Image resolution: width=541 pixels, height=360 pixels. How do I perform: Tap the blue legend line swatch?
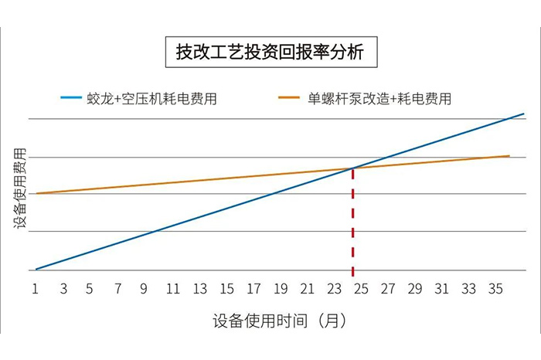click(70, 98)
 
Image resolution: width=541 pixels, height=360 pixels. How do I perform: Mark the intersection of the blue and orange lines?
click(353, 168)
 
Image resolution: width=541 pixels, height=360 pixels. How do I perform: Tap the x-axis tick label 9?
click(143, 289)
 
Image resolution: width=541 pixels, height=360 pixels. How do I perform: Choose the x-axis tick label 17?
click(253, 289)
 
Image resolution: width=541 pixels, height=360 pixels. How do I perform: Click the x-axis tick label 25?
click(361, 289)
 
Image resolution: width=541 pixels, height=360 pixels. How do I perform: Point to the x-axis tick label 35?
click(495, 289)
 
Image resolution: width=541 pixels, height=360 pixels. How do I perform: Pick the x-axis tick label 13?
click(200, 289)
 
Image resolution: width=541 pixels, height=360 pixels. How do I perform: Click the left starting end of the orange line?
click(36, 193)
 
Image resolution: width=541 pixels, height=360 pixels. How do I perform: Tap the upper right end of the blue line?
click(523, 114)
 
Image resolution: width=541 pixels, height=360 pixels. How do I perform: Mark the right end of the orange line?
click(509, 155)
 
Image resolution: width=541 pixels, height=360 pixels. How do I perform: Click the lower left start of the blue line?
click(36, 269)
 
